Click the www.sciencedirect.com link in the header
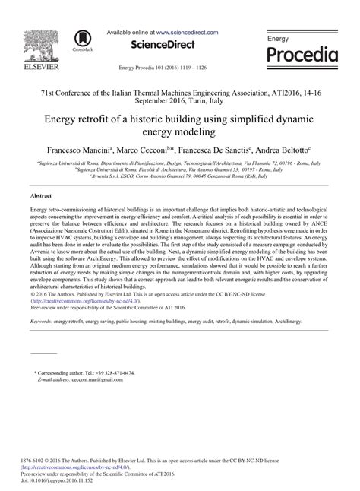(x=188, y=33)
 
